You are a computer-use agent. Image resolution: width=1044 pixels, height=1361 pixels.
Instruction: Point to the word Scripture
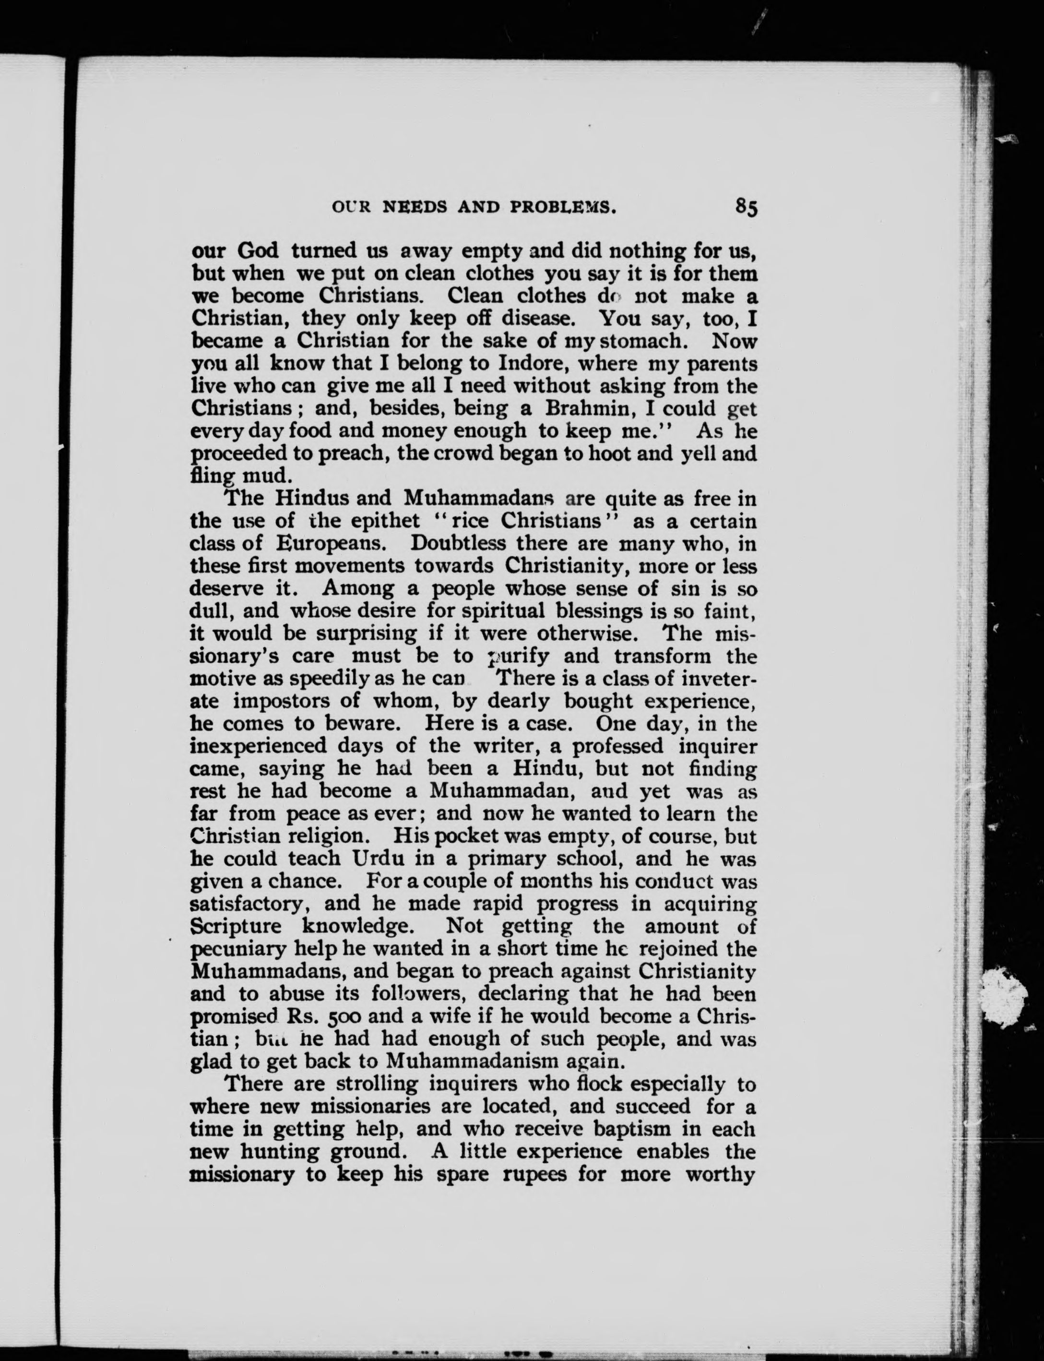click(236, 926)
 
